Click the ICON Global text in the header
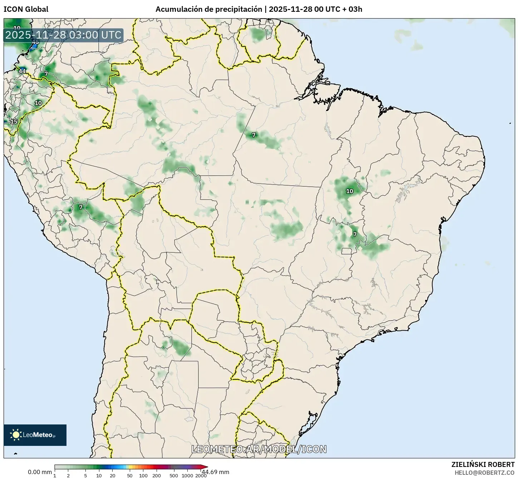[x=26, y=9]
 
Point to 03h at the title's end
[x=355, y=9]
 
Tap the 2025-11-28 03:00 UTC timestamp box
[x=63, y=35]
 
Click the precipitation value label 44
[x=22, y=71]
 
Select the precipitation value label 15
[x=14, y=122]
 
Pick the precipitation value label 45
[x=35, y=42]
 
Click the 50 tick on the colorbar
[x=130, y=475]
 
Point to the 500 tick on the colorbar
[x=174, y=475]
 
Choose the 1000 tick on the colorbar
[x=187, y=475]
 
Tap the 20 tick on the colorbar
[x=112, y=475]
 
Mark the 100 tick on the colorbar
[x=143, y=475]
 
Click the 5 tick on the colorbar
[x=85, y=475]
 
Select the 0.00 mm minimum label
[x=40, y=472]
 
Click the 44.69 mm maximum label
[x=215, y=472]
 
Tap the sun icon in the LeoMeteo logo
[x=16, y=434]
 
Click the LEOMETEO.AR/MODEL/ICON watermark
[x=259, y=449]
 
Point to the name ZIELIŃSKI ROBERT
[x=483, y=464]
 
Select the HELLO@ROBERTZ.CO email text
[x=484, y=472]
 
